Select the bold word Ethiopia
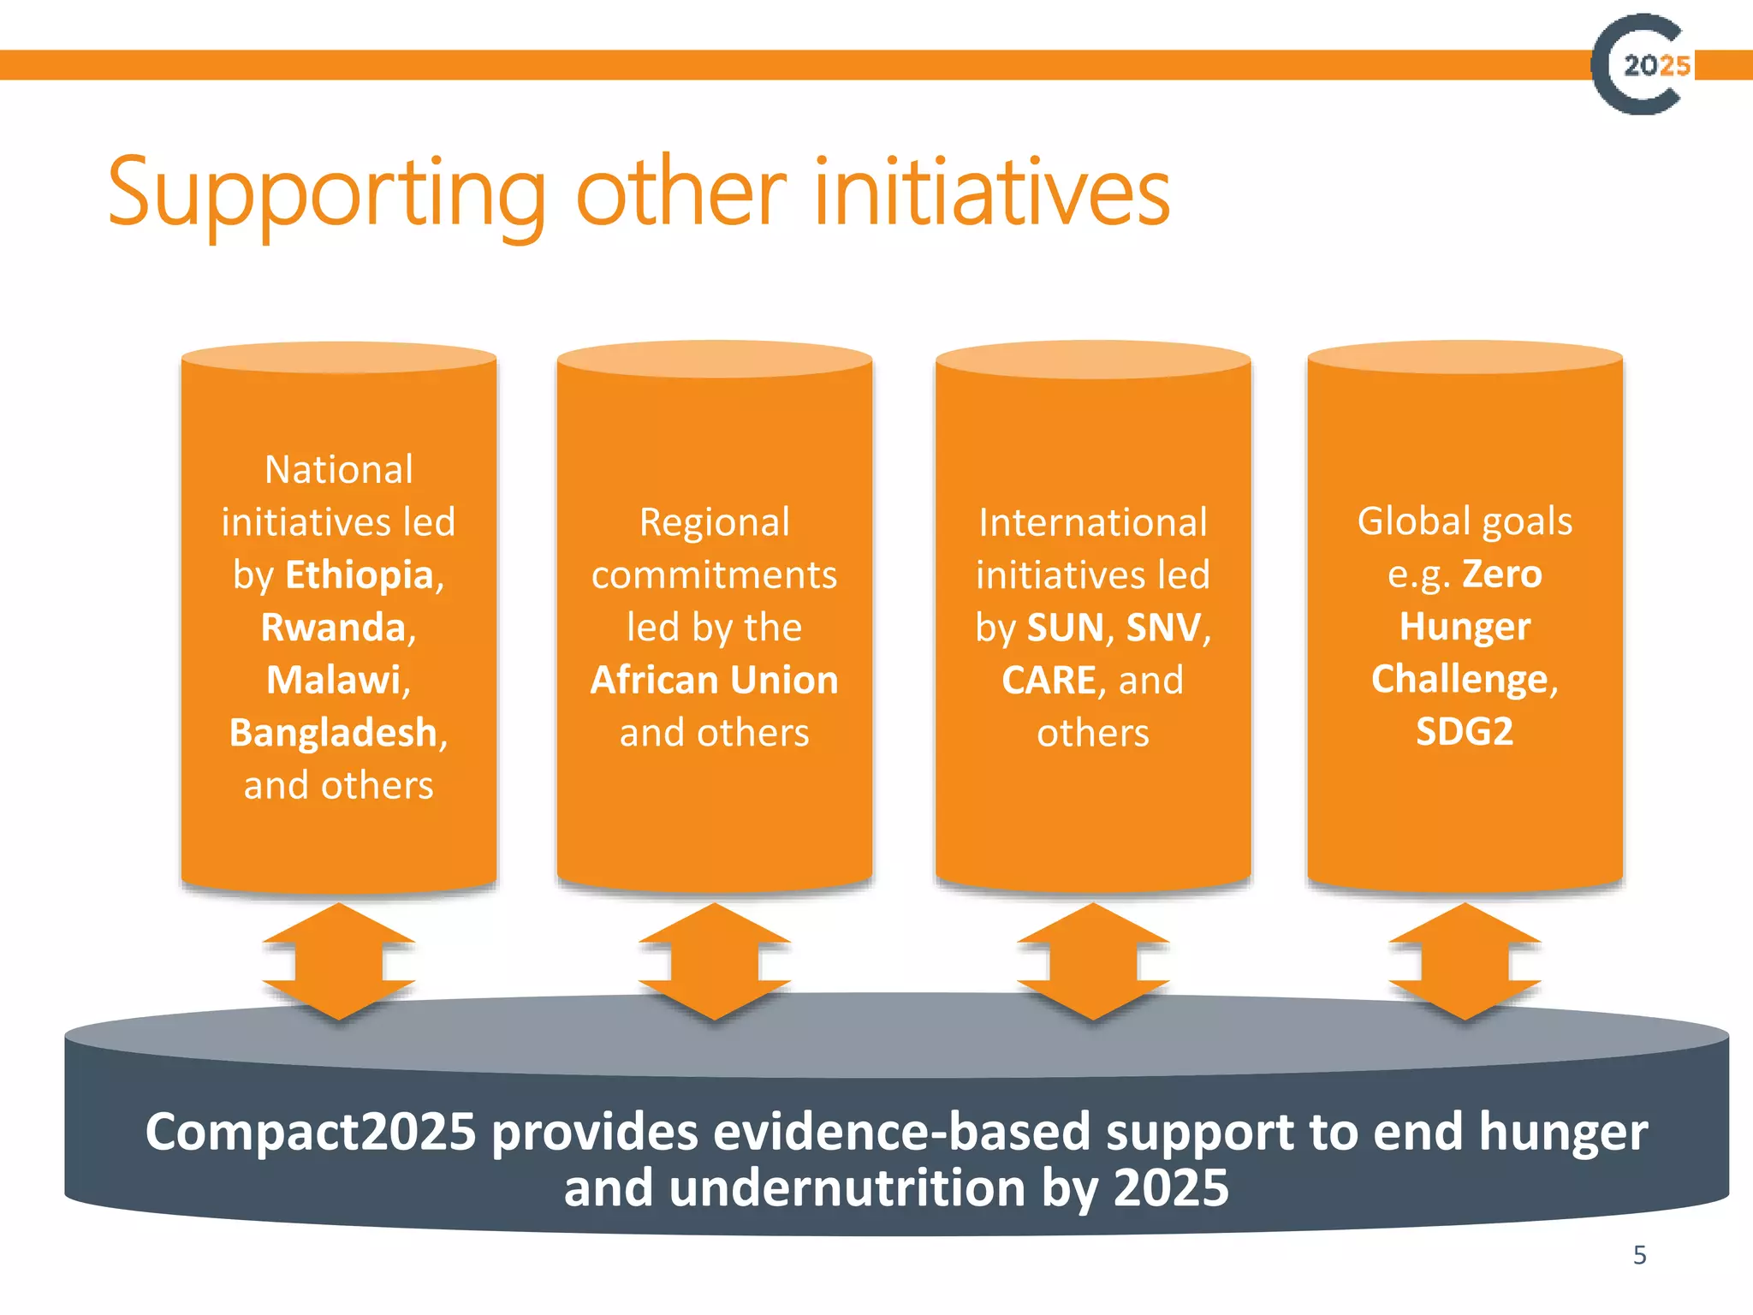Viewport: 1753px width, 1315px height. tap(360, 575)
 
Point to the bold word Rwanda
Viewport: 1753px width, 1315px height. tap(332, 628)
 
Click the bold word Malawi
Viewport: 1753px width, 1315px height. tap(334, 681)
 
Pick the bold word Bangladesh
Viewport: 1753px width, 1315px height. tap(333, 734)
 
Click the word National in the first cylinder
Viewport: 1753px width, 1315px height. tap(339, 470)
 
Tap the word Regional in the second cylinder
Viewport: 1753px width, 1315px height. tap(714, 523)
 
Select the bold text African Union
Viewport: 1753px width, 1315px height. tap(714, 681)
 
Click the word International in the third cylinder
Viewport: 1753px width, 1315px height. tap(1092, 523)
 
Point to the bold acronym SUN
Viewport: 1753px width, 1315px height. tap(1065, 628)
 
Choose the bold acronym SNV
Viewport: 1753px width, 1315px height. tap(1163, 628)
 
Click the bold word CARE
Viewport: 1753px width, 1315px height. tap(1049, 681)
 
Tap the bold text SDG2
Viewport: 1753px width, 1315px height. tap(1465, 732)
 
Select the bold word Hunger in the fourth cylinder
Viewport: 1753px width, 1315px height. tap(1465, 627)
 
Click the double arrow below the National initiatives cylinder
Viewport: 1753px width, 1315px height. tap(339, 961)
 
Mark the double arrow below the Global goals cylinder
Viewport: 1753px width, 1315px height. tap(1465, 961)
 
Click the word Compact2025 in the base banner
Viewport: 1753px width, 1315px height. tap(310, 1132)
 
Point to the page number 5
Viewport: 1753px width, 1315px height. tap(1639, 1255)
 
